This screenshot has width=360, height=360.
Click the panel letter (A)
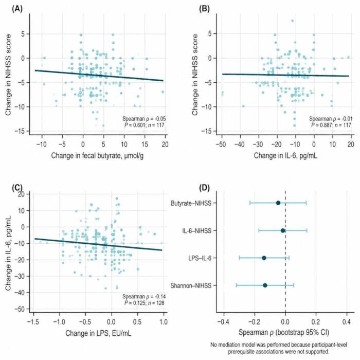(17, 9)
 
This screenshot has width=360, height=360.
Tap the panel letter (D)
(204, 188)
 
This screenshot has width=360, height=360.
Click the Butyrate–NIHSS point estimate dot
(278, 203)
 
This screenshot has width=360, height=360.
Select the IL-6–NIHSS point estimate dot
(283, 230)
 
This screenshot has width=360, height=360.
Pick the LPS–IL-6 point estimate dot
(264, 258)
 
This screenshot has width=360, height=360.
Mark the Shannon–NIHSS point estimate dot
(265, 285)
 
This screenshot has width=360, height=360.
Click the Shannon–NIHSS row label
(191, 286)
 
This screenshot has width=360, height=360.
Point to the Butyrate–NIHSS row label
(191, 204)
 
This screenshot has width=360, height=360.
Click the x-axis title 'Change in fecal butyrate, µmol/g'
(97, 156)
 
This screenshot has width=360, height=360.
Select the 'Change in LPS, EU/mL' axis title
(98, 333)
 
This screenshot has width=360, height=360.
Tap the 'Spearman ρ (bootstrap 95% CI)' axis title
(284, 332)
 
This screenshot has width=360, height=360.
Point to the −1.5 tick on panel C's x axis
(33, 322)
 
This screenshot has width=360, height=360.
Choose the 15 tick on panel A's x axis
(145, 145)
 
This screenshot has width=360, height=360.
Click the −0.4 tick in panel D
(223, 322)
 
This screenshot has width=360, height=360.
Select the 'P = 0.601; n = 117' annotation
(145, 125)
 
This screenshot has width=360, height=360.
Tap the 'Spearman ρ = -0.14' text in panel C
(144, 296)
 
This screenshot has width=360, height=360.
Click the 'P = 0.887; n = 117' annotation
(331, 125)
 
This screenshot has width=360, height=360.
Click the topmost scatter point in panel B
(292, 21)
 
